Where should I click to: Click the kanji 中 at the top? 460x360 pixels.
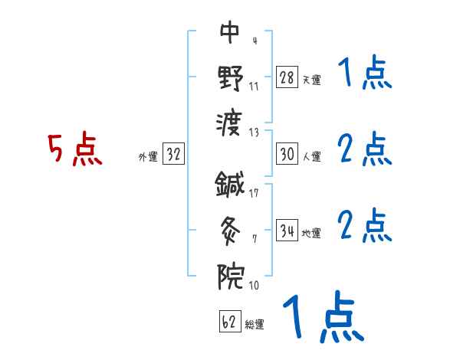click(230, 33)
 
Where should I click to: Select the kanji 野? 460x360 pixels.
click(230, 76)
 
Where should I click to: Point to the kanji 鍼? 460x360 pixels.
click(230, 184)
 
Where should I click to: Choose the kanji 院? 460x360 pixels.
click(230, 273)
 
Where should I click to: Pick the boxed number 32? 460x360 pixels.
click(173, 155)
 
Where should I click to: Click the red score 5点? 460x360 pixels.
click(75, 150)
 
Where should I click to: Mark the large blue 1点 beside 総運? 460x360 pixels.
click(322, 319)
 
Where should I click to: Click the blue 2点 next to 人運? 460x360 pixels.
click(365, 149)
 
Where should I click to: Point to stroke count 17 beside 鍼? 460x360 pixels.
click(254, 192)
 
